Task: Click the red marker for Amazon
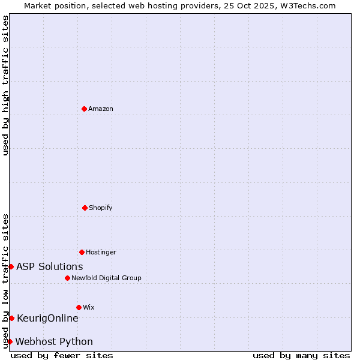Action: click(x=85, y=109)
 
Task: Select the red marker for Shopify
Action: click(x=85, y=208)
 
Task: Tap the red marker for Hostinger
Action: click(x=82, y=252)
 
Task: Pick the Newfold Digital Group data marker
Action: click(x=67, y=278)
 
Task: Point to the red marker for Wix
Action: click(x=79, y=307)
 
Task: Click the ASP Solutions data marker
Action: click(x=11, y=266)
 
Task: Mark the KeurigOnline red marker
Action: click(x=11, y=318)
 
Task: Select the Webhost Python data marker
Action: click(x=10, y=341)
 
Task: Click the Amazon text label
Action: click(x=101, y=109)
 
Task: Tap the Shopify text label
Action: click(x=101, y=208)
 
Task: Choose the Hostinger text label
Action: click(x=101, y=252)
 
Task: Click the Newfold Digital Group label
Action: click(x=106, y=278)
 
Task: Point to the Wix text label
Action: click(x=89, y=307)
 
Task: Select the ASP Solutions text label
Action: click(x=50, y=266)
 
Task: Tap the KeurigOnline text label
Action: click(x=47, y=318)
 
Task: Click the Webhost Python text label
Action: click(x=54, y=341)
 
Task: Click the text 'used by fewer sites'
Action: click(x=62, y=355)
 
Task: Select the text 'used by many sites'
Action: click(x=301, y=355)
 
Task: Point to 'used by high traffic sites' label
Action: click(x=5, y=85)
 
